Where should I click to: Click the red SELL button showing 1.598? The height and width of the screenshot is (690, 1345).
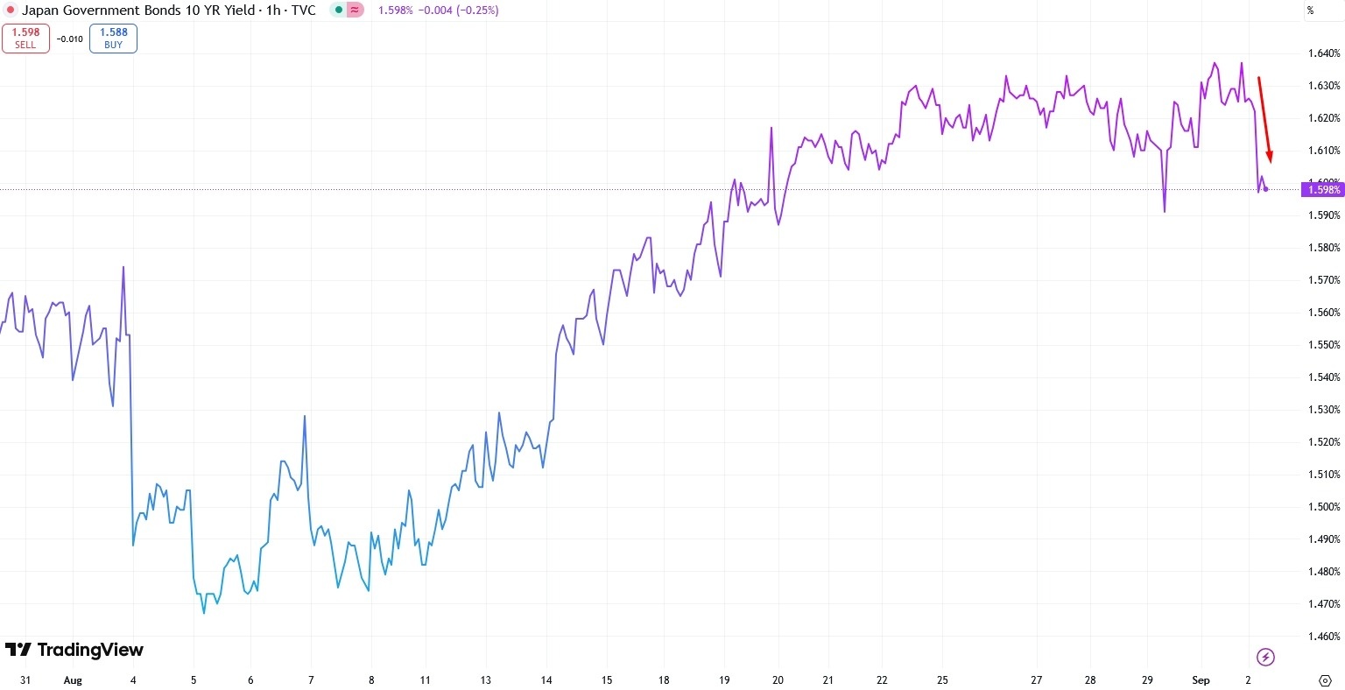(x=25, y=38)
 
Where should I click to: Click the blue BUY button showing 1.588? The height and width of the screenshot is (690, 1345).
(x=113, y=38)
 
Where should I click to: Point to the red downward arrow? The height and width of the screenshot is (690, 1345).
(x=1264, y=119)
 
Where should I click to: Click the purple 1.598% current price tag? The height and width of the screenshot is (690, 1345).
(x=1323, y=190)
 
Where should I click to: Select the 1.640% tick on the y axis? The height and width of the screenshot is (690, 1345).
(x=1323, y=53)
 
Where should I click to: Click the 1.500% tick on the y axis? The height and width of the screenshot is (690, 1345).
(x=1323, y=507)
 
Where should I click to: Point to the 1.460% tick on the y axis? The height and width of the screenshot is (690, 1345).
(x=1323, y=637)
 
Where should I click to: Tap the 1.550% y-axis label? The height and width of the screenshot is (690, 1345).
(x=1323, y=345)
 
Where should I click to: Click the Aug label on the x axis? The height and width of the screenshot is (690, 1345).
(x=73, y=680)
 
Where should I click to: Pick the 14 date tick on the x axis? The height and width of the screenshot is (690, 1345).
(x=546, y=680)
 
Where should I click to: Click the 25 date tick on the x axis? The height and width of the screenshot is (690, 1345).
(x=943, y=680)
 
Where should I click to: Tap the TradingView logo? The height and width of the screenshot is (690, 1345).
(x=74, y=650)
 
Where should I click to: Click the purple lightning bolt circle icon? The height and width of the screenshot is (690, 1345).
(x=1265, y=657)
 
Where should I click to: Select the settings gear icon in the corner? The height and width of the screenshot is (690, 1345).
(x=1324, y=680)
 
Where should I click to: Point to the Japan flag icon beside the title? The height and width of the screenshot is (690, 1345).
(x=10, y=11)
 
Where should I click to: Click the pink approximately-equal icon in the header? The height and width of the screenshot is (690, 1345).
(x=356, y=11)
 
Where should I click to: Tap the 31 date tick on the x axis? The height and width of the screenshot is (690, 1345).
(x=25, y=680)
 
